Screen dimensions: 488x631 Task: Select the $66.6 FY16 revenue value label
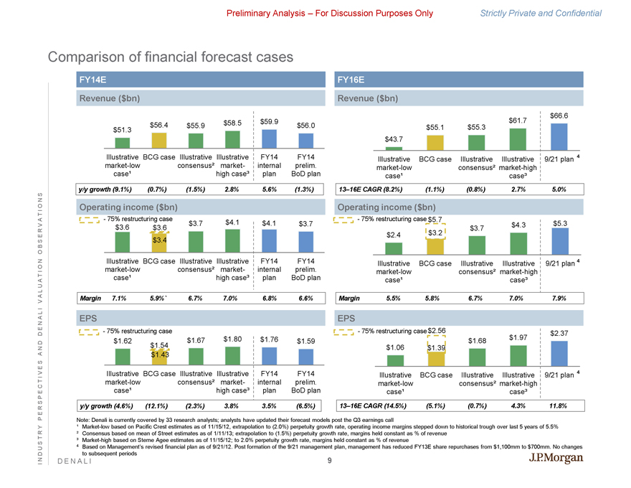pyautogui.click(x=559, y=116)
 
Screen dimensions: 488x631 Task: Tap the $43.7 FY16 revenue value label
pyautogui.click(x=395, y=139)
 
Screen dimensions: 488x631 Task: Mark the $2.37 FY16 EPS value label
pyautogui.click(x=559, y=333)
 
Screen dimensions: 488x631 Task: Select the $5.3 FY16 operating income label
pyautogui.click(x=559, y=223)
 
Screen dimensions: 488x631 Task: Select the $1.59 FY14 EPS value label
pyautogui.click(x=306, y=341)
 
